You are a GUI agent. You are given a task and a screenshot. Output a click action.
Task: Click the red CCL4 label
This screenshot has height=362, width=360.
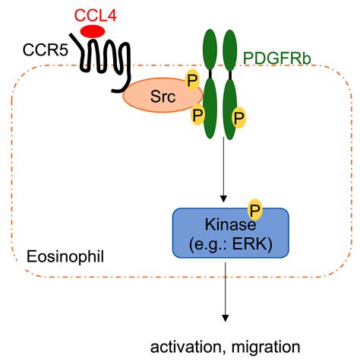[96, 15]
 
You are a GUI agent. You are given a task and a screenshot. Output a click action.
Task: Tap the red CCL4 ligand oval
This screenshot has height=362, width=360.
[93, 32]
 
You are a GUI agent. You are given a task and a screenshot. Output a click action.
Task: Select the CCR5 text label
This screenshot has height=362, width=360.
[46, 49]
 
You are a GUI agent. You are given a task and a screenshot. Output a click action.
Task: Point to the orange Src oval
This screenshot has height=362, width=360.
[163, 95]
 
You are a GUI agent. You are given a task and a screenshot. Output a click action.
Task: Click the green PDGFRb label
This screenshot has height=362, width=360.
[276, 59]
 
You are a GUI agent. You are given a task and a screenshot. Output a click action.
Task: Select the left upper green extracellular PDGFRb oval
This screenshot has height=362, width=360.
[210, 50]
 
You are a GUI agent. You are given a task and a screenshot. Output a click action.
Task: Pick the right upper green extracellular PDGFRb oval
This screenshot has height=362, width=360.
[230, 50]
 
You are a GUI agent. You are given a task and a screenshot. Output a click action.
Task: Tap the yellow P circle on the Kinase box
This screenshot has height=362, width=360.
[255, 210]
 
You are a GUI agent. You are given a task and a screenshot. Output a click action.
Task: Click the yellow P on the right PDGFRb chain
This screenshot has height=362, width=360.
[239, 118]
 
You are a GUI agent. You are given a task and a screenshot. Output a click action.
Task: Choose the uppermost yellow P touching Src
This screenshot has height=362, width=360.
[192, 80]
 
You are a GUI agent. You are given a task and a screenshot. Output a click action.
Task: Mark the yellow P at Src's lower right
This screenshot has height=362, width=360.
[197, 115]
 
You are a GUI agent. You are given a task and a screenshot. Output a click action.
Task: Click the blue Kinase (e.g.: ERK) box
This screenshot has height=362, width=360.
[231, 233]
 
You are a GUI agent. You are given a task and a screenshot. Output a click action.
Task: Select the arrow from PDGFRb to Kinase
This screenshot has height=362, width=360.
[223, 170]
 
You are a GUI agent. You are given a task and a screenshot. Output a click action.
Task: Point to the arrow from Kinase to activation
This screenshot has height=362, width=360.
[225, 292]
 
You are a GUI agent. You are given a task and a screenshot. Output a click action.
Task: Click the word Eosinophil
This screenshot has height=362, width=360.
[65, 257]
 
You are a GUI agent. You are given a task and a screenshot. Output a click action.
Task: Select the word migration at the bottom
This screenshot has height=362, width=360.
[266, 348]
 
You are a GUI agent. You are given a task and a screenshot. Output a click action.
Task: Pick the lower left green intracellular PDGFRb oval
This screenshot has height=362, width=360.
[210, 109]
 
